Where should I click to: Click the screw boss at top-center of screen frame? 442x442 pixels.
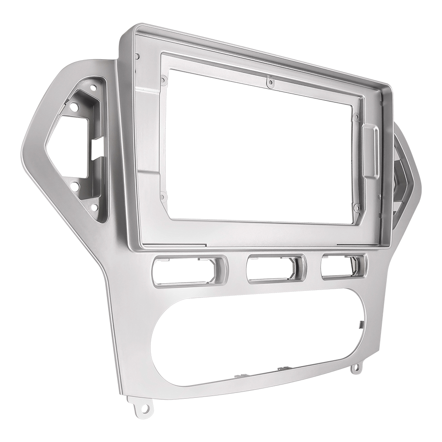tap(269, 82)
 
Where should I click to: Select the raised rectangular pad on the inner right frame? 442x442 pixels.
tap(370, 150)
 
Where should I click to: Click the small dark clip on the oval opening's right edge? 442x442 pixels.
tap(360, 325)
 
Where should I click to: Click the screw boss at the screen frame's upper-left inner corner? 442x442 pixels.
tap(164, 80)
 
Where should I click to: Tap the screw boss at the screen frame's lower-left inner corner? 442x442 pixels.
tap(162, 197)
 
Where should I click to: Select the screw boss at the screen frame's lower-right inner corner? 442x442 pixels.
tap(356, 206)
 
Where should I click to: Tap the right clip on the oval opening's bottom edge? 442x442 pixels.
tap(283, 368)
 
